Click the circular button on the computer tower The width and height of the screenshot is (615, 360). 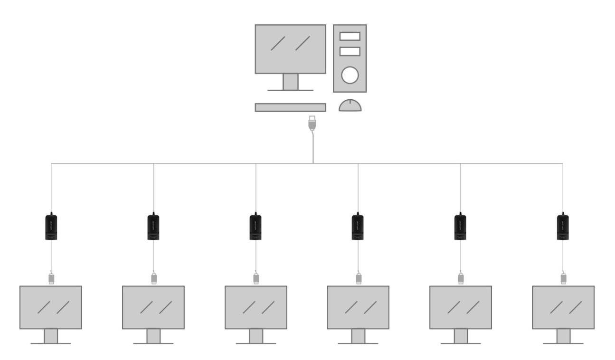click(x=350, y=74)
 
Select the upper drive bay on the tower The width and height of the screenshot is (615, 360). click(x=350, y=36)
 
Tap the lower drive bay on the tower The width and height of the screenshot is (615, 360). click(x=350, y=51)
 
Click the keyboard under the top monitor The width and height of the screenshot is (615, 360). click(x=290, y=107)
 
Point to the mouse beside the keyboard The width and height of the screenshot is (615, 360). click(x=350, y=105)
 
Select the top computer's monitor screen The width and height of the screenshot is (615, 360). click(x=290, y=49)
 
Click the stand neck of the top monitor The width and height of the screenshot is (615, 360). click(x=290, y=81)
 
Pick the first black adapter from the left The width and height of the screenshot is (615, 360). click(x=51, y=227)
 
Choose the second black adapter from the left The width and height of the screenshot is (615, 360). click(x=153, y=227)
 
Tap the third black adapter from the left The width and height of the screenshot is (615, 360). click(x=256, y=227)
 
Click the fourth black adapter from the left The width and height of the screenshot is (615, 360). click(x=358, y=227)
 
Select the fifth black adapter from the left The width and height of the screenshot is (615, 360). click(x=460, y=227)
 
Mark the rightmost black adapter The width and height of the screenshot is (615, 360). click(x=563, y=227)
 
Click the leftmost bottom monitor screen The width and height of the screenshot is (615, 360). click(x=51, y=307)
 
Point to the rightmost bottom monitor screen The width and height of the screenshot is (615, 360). click(x=563, y=307)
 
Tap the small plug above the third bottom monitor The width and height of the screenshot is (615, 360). click(x=256, y=278)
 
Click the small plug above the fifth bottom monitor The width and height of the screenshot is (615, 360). click(x=461, y=278)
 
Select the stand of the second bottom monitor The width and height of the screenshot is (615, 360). click(x=153, y=336)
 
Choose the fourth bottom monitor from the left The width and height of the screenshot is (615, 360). click(x=358, y=307)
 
